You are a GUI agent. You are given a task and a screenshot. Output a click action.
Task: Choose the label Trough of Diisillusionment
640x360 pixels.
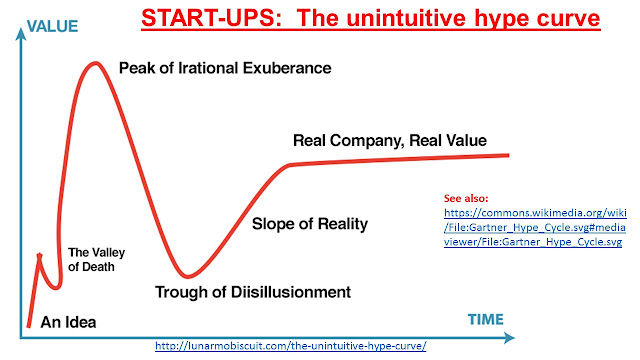pos(253,292)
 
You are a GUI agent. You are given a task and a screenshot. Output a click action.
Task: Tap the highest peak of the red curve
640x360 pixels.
pos(95,65)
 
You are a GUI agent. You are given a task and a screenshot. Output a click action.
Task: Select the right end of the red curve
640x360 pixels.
pos(507,154)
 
